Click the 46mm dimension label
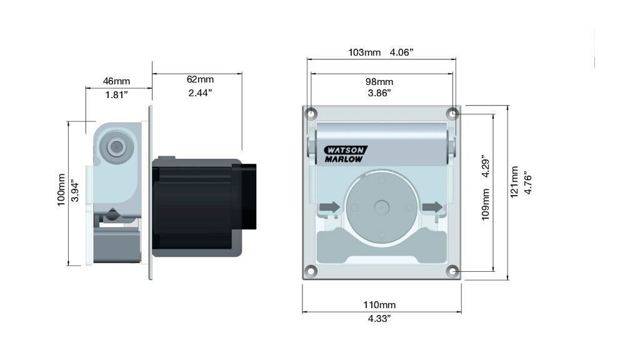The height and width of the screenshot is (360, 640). click(x=116, y=81)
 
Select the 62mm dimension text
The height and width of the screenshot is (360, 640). click(x=200, y=79)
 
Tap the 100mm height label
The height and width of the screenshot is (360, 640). click(x=61, y=190)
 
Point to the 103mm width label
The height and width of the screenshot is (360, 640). click(x=364, y=52)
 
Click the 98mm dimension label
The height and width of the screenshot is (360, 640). click(x=379, y=82)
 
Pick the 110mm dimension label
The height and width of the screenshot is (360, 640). click(x=379, y=304)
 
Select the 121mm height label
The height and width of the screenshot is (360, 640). click(x=514, y=182)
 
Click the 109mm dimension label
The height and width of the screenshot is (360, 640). click(x=485, y=204)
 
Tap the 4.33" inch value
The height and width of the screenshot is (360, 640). click(x=379, y=318)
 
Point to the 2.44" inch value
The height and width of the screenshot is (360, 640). click(x=200, y=93)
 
